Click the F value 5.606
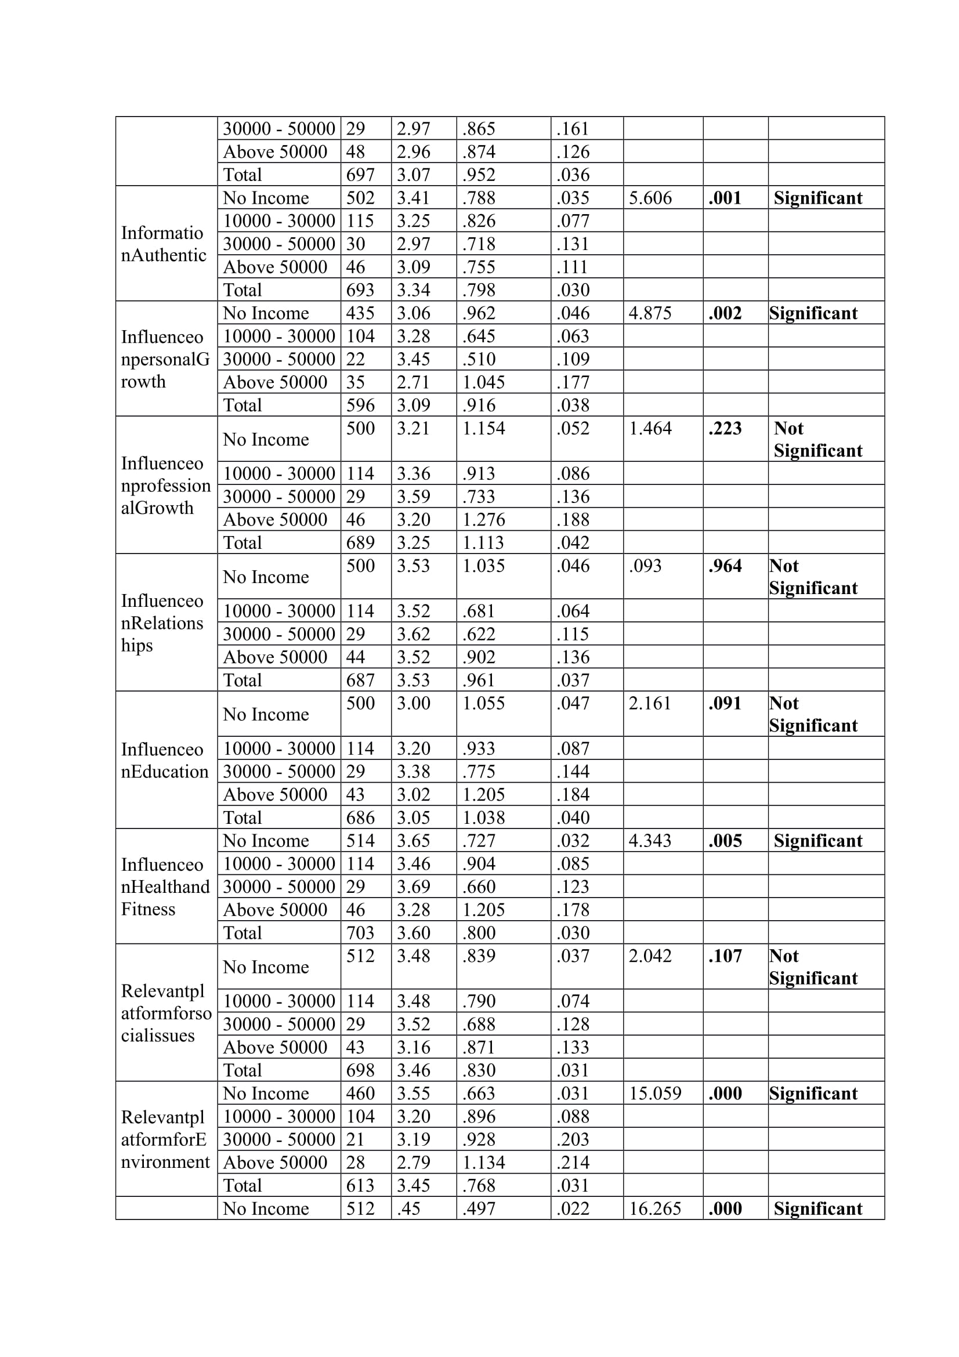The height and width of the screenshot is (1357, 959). coord(650,198)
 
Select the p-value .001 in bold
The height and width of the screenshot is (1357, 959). coord(725,198)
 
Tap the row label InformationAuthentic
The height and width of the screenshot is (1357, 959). coord(164,244)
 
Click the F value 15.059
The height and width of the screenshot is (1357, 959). coord(654,1094)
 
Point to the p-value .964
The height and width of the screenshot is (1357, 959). coord(725,566)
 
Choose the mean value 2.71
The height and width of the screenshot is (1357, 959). coord(413,382)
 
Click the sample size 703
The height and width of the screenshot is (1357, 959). coord(360,933)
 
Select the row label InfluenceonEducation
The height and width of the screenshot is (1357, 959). coord(165,761)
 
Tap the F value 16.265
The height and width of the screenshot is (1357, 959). coord(654,1208)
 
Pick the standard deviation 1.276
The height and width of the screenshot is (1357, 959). coord(483,519)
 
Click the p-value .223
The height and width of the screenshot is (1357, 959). coord(725,429)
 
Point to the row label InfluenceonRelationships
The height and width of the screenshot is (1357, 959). coord(162,623)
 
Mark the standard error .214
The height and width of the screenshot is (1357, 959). coord(573,1163)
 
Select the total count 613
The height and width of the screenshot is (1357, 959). coord(360,1186)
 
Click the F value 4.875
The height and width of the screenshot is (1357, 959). coord(650,313)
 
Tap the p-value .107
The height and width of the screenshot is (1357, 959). coord(725,956)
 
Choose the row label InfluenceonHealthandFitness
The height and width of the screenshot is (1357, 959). coord(165,886)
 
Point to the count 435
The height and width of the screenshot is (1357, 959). coord(360,313)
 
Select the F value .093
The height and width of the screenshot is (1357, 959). coord(645,566)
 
